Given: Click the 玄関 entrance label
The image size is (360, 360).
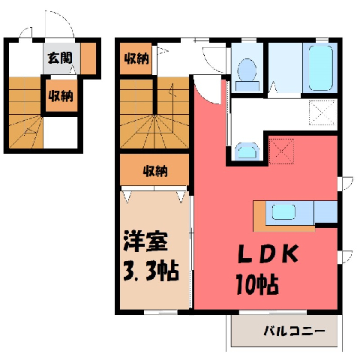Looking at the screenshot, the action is (60, 58).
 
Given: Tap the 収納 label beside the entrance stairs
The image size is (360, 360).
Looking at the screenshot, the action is (61, 96).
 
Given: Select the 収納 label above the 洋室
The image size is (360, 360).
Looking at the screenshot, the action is (155, 172).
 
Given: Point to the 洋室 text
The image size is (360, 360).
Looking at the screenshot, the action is (145, 241).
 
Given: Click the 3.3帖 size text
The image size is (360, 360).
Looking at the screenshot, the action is (151, 271).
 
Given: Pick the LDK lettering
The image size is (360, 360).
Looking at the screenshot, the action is (268, 253).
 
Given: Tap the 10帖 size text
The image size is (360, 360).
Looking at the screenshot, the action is (257, 284).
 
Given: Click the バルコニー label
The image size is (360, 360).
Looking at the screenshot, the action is (295, 331).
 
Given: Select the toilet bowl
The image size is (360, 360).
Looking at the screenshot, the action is (247, 74).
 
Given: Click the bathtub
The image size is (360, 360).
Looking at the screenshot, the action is (321, 67).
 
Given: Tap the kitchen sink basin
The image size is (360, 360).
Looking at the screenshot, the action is (283, 211).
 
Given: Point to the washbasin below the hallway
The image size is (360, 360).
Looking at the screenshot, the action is (247, 151).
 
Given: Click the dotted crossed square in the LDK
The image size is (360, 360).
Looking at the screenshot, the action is (281, 151).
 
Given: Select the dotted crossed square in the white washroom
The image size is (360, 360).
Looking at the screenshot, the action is (322, 112).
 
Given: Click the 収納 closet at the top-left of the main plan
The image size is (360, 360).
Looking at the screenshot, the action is (136, 58).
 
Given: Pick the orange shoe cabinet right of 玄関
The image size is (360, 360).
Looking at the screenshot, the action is (88, 58).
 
